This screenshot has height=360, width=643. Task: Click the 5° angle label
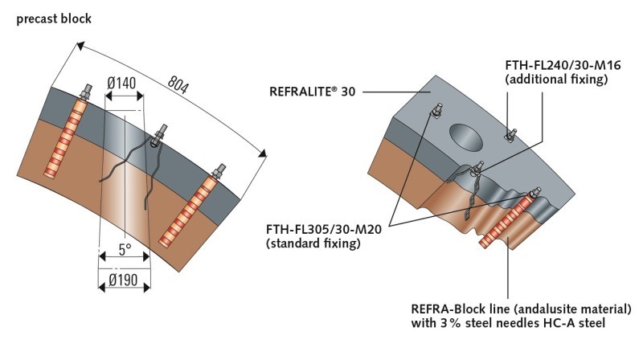(x=125, y=250)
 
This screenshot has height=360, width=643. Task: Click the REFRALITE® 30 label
(x=312, y=91)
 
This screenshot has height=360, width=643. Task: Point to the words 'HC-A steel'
(x=574, y=324)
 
